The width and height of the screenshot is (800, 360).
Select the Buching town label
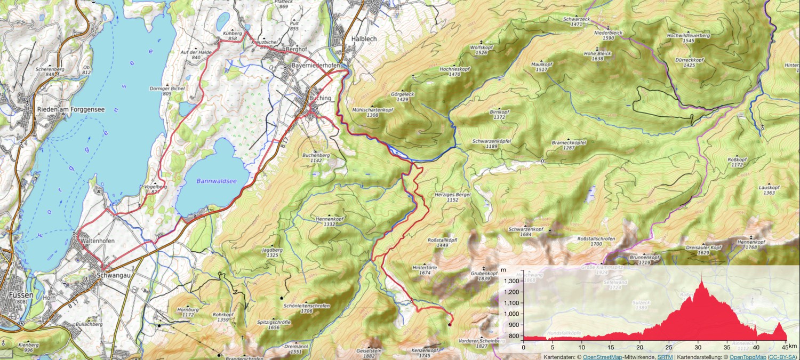[320, 99]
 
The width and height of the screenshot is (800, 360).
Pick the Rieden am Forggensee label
[70, 109]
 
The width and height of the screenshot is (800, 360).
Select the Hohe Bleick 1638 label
[597, 56]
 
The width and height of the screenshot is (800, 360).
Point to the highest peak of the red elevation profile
[701, 282]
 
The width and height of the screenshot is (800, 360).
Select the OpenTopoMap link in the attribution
[747, 356]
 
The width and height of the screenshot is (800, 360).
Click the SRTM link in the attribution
[665, 356]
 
